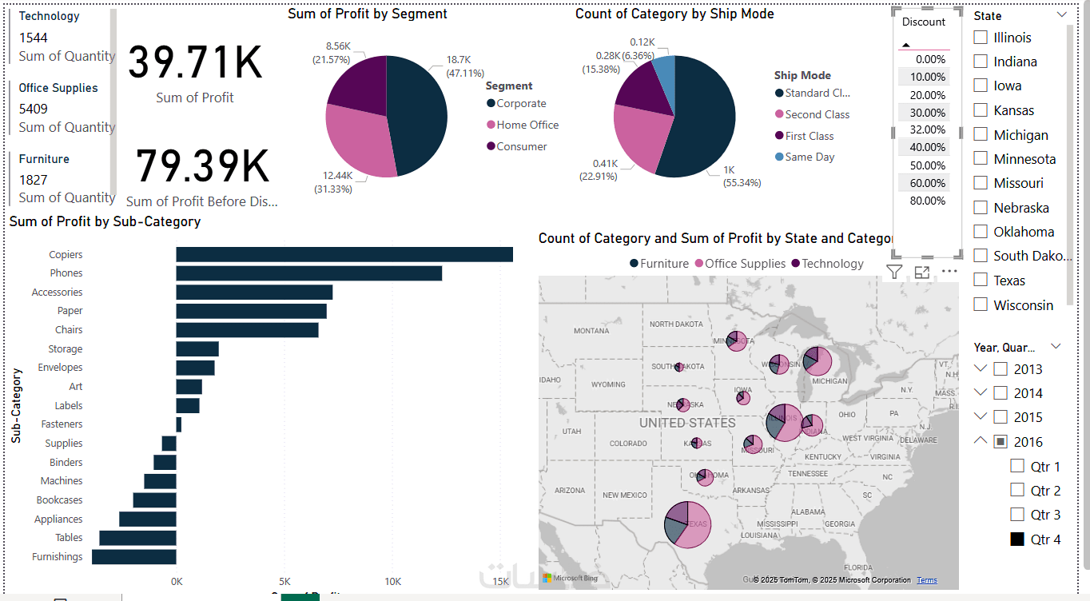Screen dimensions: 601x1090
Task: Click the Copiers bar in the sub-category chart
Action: (x=344, y=254)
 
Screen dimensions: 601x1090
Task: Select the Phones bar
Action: (x=308, y=273)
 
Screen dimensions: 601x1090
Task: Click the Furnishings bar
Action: (x=134, y=557)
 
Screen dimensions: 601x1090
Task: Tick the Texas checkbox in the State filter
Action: (x=981, y=281)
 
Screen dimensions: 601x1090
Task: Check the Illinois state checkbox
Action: (x=981, y=38)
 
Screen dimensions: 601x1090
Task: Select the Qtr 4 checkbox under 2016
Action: (x=1017, y=539)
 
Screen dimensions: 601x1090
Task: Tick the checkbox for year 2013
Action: (x=1000, y=369)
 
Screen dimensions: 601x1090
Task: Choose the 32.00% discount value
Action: (x=927, y=129)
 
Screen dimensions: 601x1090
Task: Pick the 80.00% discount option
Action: (x=927, y=201)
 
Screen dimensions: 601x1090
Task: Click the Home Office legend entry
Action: (x=527, y=125)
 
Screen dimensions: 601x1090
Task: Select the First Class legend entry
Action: (x=809, y=136)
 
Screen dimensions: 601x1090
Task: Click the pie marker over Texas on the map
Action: (x=687, y=525)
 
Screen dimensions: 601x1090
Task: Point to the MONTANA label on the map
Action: (x=591, y=331)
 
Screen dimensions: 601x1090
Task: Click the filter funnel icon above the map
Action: (x=894, y=272)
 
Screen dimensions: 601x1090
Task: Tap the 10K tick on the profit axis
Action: (x=392, y=581)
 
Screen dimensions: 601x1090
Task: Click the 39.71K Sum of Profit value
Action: (x=195, y=62)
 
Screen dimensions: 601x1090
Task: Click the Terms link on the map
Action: (x=927, y=580)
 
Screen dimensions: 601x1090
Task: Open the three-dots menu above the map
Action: (x=949, y=272)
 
